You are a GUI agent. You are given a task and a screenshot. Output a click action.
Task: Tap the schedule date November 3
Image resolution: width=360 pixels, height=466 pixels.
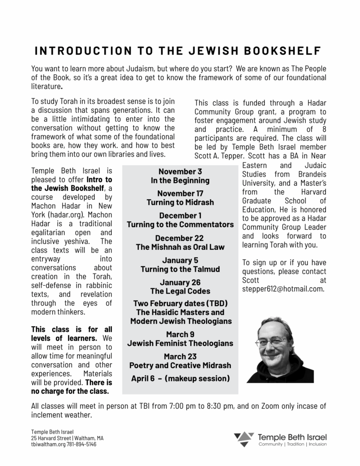[x=180, y=172]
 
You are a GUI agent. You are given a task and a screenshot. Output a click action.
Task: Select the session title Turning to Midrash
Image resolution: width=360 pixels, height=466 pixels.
[x=180, y=202]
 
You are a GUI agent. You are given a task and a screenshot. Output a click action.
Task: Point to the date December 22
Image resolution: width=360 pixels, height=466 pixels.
[x=180, y=238]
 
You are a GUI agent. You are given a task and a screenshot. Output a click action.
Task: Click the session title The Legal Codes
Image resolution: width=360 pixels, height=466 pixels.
[x=180, y=291]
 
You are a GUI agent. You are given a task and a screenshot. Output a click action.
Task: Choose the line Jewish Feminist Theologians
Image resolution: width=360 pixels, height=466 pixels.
[x=180, y=343]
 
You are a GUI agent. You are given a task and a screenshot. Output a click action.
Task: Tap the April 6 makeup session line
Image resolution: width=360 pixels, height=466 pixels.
[x=180, y=378]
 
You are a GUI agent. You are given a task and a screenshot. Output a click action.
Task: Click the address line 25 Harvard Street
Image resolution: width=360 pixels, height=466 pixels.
[x=50, y=438]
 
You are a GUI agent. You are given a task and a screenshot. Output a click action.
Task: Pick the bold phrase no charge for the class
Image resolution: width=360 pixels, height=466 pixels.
[x=70, y=390]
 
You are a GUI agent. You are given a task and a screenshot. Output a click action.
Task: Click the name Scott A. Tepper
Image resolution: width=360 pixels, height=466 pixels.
[x=218, y=155]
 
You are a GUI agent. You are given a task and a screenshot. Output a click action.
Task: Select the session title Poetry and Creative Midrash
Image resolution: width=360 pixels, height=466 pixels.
[x=180, y=365]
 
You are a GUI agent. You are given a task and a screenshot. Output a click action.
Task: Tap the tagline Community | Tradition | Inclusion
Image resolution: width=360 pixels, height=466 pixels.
[x=293, y=444]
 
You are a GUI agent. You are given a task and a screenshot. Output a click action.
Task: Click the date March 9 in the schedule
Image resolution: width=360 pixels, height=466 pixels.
[x=180, y=334]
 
